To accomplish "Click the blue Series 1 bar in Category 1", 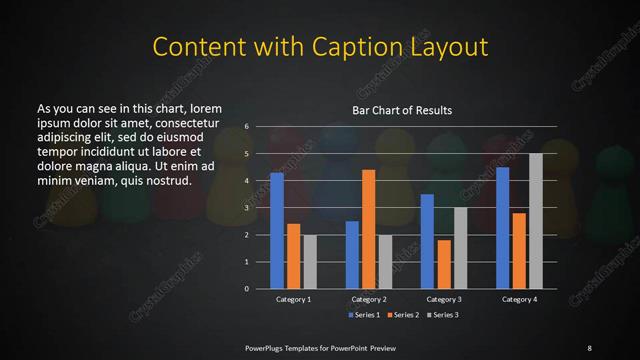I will pos(277,230).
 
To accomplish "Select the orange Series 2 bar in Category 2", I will pos(369,229).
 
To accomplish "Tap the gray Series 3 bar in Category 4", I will pos(536,220).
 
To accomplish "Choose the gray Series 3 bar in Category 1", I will pos(310,261).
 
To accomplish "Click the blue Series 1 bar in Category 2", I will pos(352,254).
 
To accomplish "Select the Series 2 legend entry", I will pos(401,315).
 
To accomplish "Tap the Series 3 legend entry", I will pos(442,315).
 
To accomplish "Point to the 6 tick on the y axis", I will pos(246,127).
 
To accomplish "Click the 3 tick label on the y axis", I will pos(246,208).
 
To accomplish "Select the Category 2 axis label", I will pos(369,299).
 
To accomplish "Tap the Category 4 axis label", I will pos(519,299).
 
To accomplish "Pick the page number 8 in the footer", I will pos(589,347).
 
